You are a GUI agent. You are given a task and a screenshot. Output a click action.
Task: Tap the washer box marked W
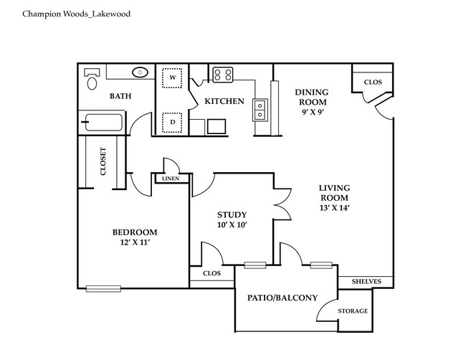click(172, 77)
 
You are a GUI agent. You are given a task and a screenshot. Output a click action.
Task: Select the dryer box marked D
click(172, 122)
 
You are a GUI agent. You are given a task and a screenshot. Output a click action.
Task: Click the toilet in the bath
click(91, 80)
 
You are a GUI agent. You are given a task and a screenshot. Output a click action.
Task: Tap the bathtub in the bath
click(101, 123)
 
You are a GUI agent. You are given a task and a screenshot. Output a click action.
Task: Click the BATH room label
click(120, 96)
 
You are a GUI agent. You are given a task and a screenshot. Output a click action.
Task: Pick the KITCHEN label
click(224, 101)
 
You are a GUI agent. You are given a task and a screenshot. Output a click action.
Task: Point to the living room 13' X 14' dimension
click(333, 208)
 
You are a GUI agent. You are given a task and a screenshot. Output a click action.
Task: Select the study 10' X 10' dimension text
click(232, 225)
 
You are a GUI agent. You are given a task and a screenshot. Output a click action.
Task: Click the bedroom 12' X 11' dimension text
click(134, 242)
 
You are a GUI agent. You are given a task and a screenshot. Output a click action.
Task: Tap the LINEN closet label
click(170, 178)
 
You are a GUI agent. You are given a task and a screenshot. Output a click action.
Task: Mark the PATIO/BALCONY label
click(282, 298)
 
